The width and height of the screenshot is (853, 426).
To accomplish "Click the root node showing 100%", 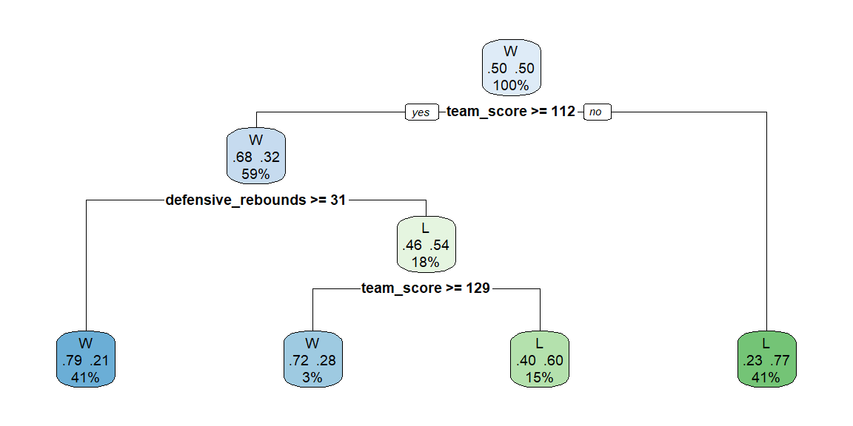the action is coord(512,67).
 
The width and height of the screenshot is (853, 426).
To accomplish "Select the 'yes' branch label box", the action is coord(421,112).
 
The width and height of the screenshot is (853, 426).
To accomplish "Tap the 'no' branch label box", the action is coord(597,112).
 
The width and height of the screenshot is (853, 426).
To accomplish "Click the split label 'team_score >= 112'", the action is coord(511,112).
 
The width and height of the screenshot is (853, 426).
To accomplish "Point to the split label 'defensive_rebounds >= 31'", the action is coord(255,200).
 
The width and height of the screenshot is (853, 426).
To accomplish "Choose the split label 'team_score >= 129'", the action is coord(426,288).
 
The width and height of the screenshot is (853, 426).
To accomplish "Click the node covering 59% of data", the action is coord(255,156).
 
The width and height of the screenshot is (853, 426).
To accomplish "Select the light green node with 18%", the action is coord(426,244).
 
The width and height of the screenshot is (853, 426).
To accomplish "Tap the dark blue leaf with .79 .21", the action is coord(86,359).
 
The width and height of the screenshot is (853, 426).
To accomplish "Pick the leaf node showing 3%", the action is coord(312,359).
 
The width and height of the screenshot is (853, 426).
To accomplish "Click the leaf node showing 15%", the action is coord(540,359).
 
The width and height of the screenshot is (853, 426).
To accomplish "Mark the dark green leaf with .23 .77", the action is coord(766,359).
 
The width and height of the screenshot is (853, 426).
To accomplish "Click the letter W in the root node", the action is coord(511,52).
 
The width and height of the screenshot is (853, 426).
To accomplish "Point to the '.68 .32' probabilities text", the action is coord(255,157).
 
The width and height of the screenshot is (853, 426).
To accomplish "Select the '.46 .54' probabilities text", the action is coord(426,245).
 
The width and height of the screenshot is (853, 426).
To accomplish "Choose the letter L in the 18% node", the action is coord(426,229).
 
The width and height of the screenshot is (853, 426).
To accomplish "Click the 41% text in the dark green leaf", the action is coord(766,378).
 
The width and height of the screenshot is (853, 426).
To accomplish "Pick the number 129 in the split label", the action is coord(478,288).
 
